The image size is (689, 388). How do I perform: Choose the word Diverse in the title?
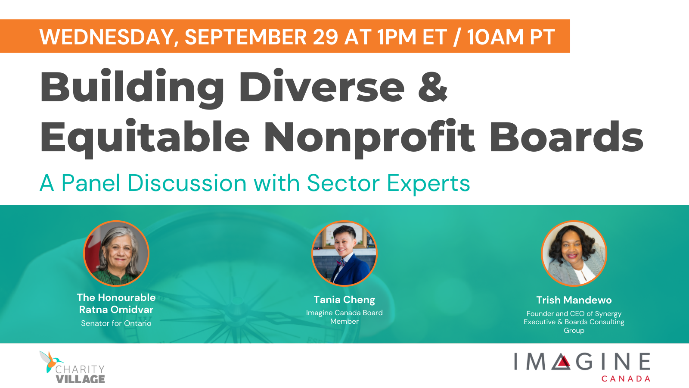click(x=321, y=86)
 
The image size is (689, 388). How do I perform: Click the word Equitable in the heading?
click(x=145, y=138)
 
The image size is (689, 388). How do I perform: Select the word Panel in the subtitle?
click(x=91, y=183)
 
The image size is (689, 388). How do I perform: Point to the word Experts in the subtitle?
click(x=428, y=184)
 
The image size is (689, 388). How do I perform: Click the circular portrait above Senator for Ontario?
click(x=116, y=253)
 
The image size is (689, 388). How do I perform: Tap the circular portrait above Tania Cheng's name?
click(x=344, y=253)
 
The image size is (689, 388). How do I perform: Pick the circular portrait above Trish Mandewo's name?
click(x=574, y=253)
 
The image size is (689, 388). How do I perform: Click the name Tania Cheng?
click(x=344, y=300)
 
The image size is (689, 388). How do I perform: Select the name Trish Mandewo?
click(x=574, y=300)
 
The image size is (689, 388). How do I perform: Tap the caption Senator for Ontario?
click(x=116, y=323)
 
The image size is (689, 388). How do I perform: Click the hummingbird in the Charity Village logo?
click(x=51, y=361)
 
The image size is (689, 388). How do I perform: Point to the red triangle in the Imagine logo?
click(x=562, y=362)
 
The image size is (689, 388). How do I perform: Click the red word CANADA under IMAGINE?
click(x=626, y=379)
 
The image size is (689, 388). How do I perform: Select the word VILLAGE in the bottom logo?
click(x=80, y=379)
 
